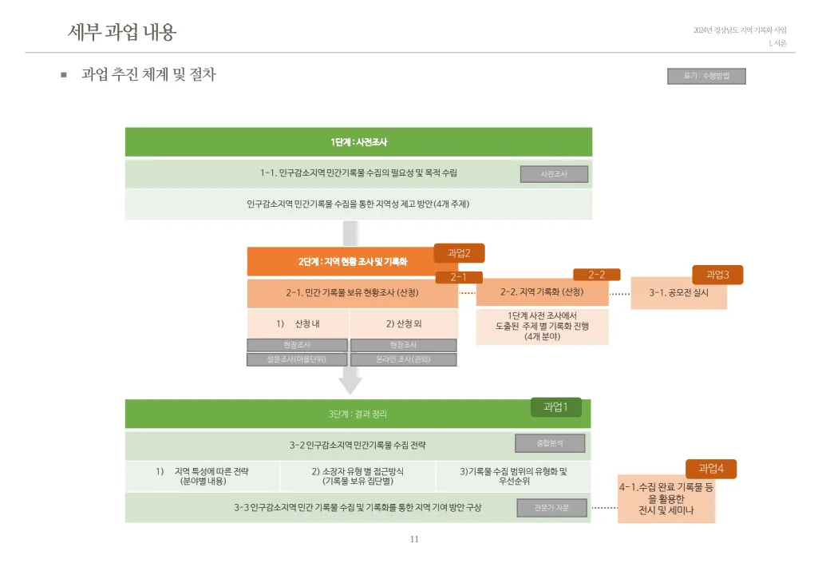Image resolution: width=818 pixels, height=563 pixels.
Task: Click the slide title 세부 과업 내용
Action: click(x=122, y=32)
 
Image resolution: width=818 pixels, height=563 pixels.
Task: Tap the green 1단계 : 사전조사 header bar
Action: click(x=358, y=142)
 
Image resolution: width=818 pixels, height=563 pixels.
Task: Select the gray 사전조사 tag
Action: click(x=554, y=174)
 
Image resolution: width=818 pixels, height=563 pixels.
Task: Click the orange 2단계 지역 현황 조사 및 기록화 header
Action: click(x=352, y=261)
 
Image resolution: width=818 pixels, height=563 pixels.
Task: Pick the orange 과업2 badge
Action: click(x=459, y=253)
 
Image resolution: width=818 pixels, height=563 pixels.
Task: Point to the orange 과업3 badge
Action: click(x=717, y=275)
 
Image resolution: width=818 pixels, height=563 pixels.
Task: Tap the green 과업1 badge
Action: click(x=555, y=407)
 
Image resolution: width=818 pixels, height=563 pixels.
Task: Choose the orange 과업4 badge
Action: click(x=711, y=469)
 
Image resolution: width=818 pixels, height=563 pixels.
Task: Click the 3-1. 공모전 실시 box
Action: click(x=678, y=292)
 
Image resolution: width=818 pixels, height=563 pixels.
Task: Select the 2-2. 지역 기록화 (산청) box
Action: click(x=542, y=292)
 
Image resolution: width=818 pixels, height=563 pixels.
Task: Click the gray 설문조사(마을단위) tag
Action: click(x=297, y=359)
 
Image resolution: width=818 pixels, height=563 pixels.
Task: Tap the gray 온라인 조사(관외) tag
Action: click(x=403, y=359)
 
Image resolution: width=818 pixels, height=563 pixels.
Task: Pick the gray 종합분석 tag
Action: click(x=550, y=443)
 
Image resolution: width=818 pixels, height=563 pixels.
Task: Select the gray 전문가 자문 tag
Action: click(x=551, y=507)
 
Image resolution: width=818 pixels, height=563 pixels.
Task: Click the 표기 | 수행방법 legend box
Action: click(x=706, y=76)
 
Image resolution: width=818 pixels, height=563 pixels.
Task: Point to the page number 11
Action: click(x=414, y=539)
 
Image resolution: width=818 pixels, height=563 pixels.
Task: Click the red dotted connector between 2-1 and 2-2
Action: click(x=467, y=293)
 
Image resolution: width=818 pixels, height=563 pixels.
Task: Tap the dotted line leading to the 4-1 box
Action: click(x=604, y=508)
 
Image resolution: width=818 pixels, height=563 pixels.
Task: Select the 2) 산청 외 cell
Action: click(x=404, y=323)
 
